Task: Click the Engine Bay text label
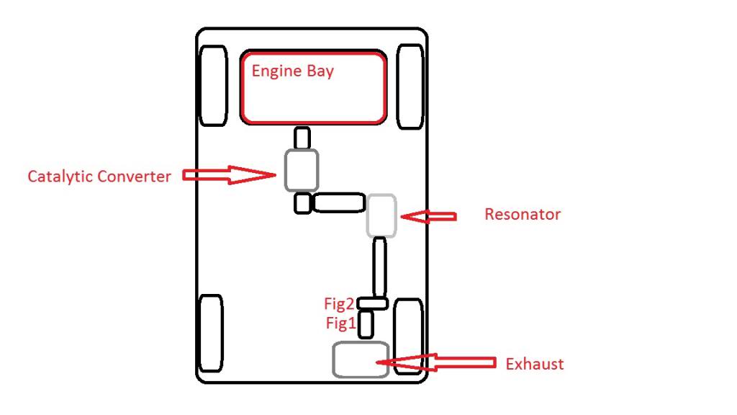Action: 292,71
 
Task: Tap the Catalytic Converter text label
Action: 99,177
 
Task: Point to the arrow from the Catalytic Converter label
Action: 229,175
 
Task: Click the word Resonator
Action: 523,215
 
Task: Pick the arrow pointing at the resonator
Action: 428,216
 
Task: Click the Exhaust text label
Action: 535,364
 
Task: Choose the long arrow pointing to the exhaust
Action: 436,362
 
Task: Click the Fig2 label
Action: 338,305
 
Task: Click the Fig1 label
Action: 340,323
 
